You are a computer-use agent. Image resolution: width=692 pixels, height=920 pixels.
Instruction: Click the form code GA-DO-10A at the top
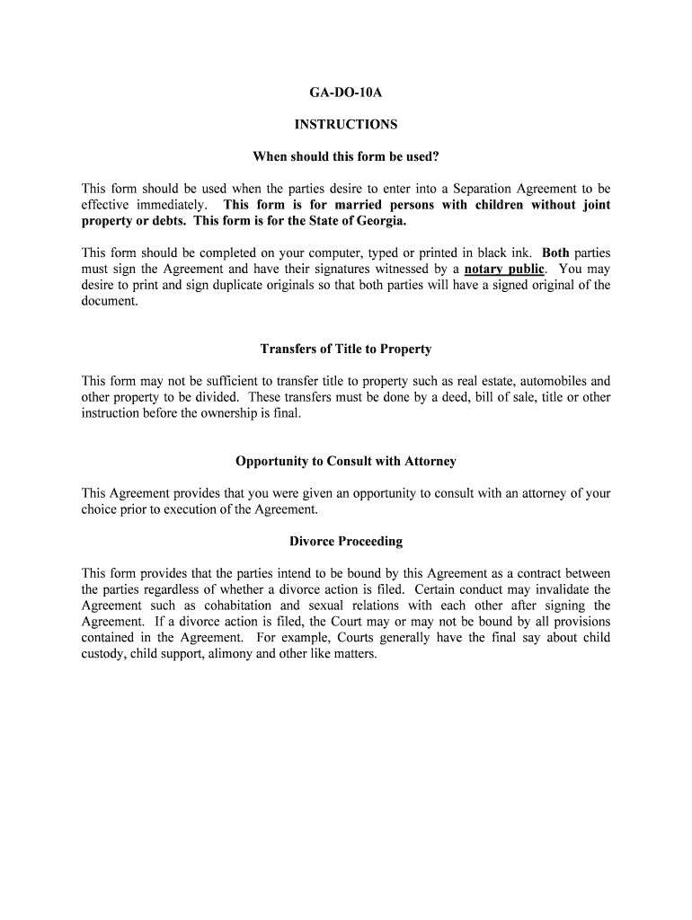346,92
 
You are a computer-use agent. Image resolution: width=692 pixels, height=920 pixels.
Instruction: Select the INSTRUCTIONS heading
346,125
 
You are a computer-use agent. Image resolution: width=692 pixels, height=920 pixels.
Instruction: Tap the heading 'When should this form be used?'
346,157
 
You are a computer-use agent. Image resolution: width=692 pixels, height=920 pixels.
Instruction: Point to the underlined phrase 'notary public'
504,269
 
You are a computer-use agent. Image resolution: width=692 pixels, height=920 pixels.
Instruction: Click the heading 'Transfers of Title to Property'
346,349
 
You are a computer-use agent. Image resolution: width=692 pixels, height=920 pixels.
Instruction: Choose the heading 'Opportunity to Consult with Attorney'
346,461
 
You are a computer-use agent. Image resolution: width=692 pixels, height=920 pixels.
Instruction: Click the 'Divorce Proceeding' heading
346,541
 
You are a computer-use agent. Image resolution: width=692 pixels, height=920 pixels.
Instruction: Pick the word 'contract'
515,573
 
